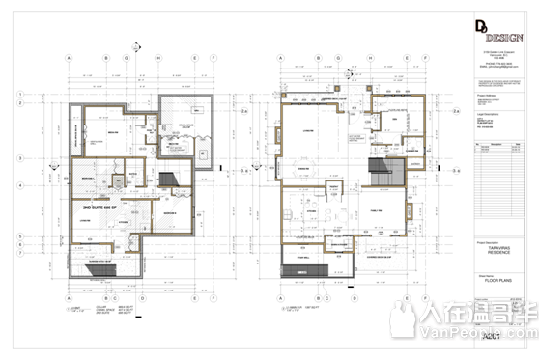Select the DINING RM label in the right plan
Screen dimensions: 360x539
pos(306,167)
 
